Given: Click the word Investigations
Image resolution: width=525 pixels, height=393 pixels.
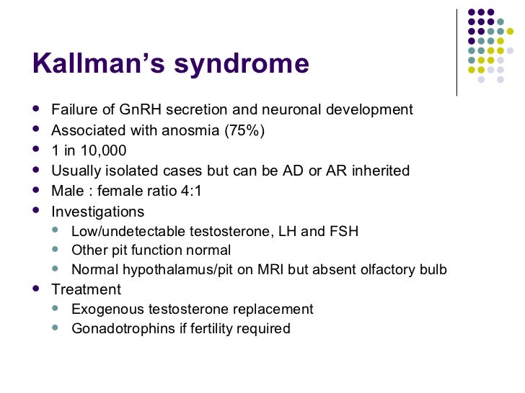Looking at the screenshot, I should point(97,212).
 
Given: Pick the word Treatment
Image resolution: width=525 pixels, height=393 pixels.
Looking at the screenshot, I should point(86,289).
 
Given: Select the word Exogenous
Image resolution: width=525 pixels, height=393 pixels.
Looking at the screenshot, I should point(103,310).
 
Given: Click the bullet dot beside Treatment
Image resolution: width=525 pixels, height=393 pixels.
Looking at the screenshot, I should point(37,289).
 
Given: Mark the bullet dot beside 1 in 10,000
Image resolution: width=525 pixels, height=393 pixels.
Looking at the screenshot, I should point(37,150).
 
